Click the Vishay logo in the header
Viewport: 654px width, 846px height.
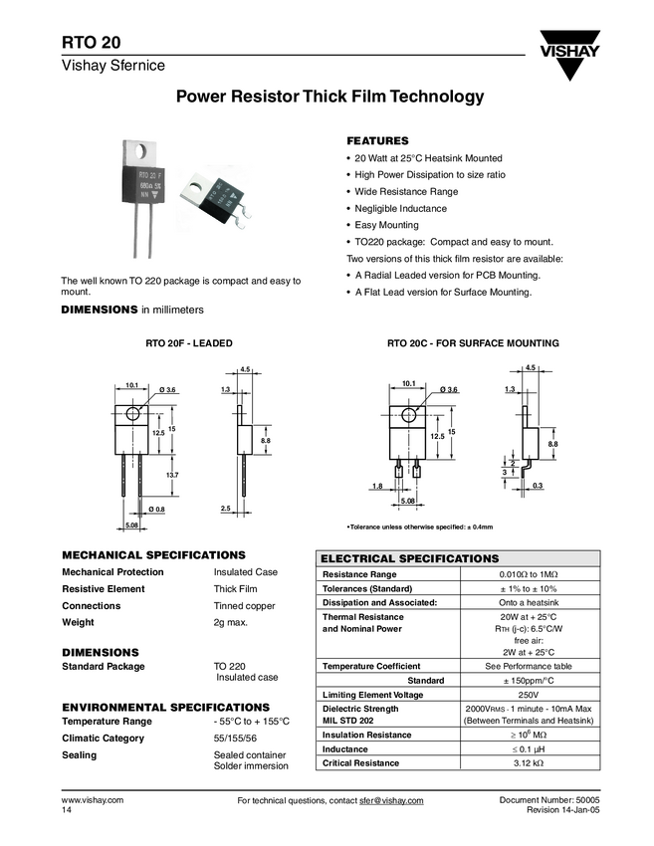(570, 61)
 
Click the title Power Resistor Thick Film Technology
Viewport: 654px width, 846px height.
(316, 98)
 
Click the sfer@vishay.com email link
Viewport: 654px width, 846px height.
(391, 801)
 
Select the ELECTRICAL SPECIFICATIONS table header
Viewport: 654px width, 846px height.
(409, 558)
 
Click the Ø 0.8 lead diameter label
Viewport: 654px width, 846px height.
(156, 510)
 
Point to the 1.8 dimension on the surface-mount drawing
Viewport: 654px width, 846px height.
(377, 485)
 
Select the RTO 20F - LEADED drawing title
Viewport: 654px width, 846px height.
(189, 343)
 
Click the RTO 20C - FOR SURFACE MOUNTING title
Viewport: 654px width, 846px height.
(473, 343)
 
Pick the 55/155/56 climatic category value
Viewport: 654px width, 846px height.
(235, 739)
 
